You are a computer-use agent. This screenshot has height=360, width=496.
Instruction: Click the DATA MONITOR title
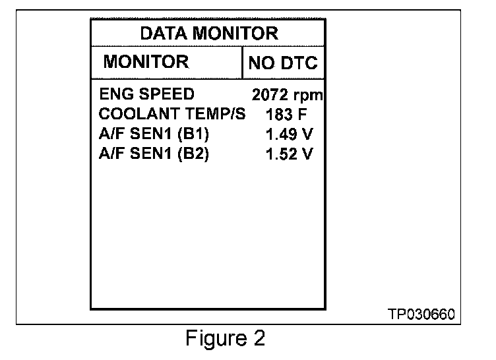(209, 33)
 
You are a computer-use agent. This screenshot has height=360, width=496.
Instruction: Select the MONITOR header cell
(146, 63)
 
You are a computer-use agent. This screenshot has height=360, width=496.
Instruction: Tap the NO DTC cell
(282, 64)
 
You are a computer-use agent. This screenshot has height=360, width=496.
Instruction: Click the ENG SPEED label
(146, 94)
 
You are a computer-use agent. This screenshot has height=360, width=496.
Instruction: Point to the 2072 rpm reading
(287, 95)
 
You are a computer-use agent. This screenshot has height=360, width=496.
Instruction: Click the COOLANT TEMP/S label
(171, 114)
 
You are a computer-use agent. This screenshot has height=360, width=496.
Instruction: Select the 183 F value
(287, 115)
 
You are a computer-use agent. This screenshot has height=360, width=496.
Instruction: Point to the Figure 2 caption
(226, 339)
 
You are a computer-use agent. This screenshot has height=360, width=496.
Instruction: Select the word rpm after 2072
(308, 96)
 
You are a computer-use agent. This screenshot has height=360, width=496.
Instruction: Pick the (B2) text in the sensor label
(191, 154)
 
